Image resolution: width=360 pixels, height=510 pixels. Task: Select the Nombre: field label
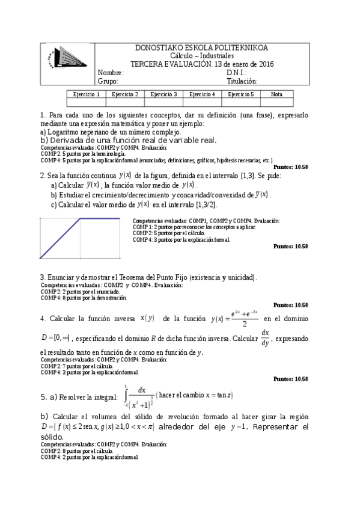(111, 73)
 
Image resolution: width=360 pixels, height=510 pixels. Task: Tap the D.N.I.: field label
(237, 73)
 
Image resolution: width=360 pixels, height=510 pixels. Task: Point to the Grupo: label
(108, 81)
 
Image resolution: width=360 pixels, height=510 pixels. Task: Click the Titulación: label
(242, 81)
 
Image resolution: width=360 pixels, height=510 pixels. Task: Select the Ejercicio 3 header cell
(163, 94)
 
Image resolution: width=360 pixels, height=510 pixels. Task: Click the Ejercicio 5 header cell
(240, 94)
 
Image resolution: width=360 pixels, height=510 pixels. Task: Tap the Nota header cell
(276, 94)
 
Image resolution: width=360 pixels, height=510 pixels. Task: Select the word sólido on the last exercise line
(52, 437)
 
